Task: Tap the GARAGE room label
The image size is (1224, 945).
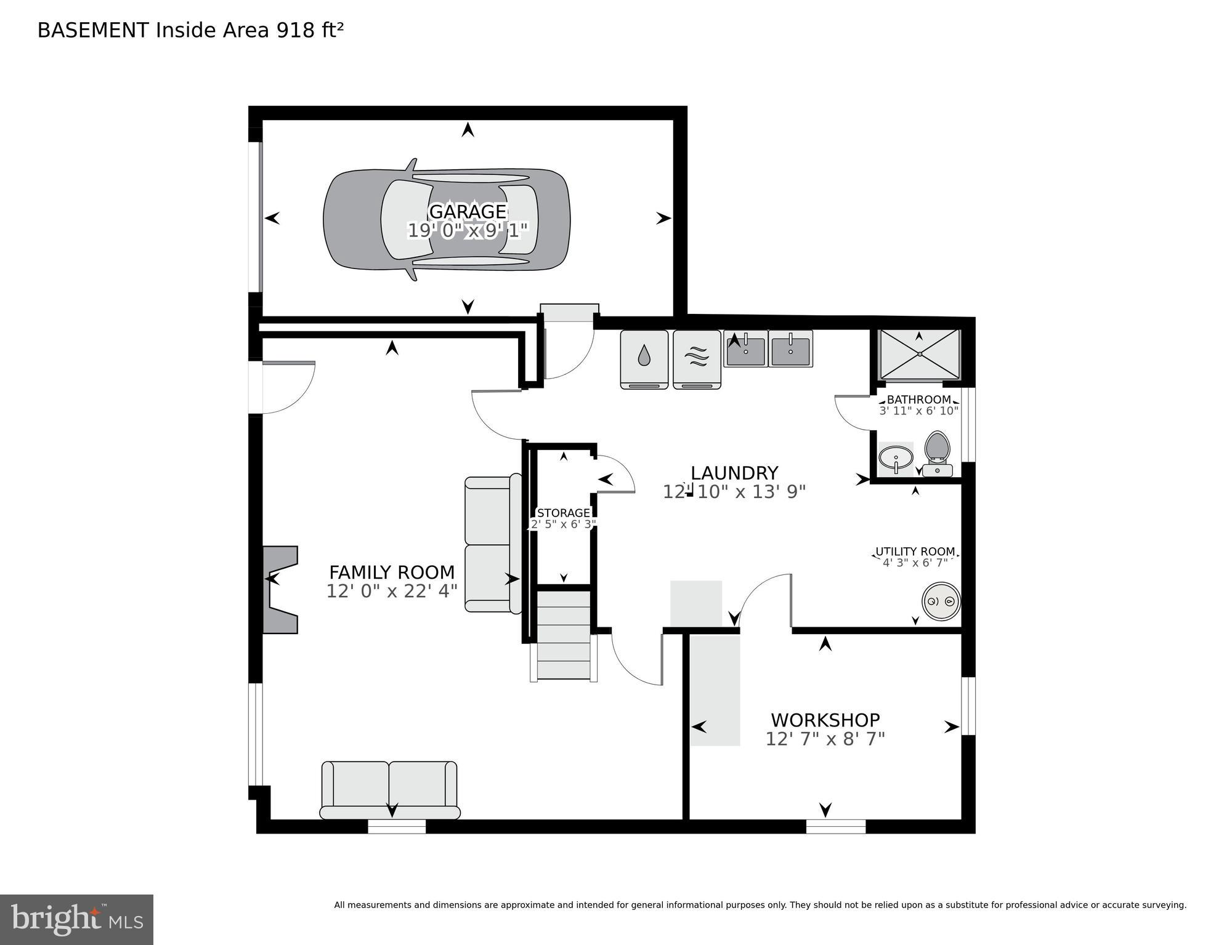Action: point(468,211)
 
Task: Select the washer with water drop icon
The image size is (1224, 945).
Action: point(644,360)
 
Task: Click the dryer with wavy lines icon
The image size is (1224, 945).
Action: point(697,360)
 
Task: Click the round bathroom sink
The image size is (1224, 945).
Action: point(896,458)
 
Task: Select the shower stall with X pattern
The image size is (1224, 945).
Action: point(919,355)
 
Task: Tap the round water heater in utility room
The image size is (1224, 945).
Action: point(941,601)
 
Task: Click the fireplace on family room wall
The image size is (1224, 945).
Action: point(280,589)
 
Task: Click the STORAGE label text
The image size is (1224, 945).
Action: point(563,513)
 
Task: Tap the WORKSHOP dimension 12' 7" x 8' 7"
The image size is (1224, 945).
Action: point(825,739)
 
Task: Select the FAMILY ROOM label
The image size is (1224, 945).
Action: point(392,572)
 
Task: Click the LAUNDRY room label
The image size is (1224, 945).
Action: point(734,473)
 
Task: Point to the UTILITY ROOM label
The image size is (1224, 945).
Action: point(915,551)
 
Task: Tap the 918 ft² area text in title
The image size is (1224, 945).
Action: point(309,30)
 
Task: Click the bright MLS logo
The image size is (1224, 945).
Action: point(76,919)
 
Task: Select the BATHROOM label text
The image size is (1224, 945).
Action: point(918,400)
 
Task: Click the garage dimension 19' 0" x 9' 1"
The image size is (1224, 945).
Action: point(468,231)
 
